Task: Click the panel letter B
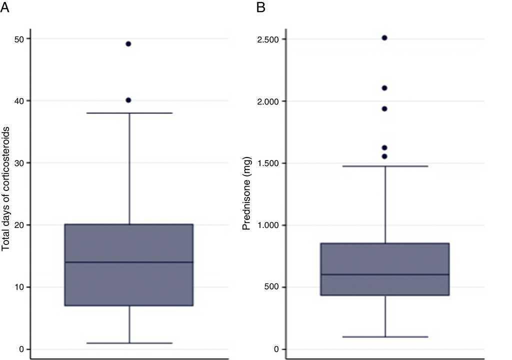[x=260, y=7]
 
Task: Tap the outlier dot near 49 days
[x=128, y=44]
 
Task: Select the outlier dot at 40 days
[x=128, y=100]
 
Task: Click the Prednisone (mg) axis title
[x=246, y=194]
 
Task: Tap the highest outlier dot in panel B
[x=384, y=38]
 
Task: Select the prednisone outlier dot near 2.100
[x=384, y=88]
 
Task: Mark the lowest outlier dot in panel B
[x=384, y=156]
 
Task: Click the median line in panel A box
[x=129, y=262]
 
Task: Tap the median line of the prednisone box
[x=385, y=274]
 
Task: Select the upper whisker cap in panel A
[x=129, y=113]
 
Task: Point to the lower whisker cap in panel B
[x=385, y=337]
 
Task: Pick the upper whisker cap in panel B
[x=385, y=166]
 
